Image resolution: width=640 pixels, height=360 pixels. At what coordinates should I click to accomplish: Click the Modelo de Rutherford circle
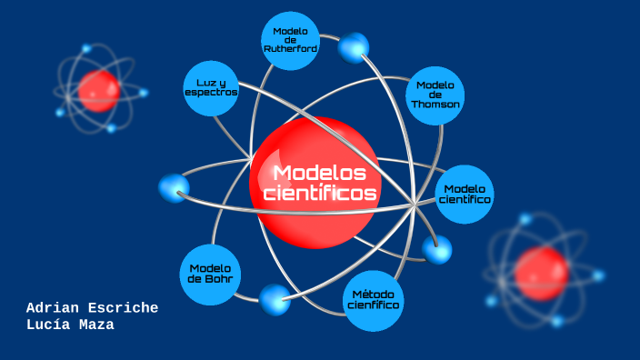pyautogui.click(x=290, y=41)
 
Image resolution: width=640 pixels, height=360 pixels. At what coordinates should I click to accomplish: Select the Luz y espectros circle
pyautogui.click(x=211, y=88)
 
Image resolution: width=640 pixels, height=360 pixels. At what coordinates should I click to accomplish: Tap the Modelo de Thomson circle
pyautogui.click(x=435, y=95)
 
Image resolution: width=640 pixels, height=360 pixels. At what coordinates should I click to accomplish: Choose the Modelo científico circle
pyautogui.click(x=465, y=194)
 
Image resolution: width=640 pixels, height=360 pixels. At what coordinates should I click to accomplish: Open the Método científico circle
pyautogui.click(x=374, y=301)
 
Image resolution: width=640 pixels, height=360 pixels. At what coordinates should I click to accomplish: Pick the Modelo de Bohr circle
pyautogui.click(x=211, y=274)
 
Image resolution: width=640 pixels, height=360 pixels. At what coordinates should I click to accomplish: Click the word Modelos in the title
pyautogui.click(x=319, y=173)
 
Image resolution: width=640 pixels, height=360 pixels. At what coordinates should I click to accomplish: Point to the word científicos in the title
pyautogui.click(x=320, y=194)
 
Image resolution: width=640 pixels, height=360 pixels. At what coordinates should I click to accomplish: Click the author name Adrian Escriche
pyautogui.click(x=92, y=308)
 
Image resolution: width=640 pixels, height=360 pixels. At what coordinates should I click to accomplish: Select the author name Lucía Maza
pyautogui.click(x=70, y=325)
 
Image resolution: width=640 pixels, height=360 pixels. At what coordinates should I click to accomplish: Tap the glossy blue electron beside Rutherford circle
pyautogui.click(x=354, y=47)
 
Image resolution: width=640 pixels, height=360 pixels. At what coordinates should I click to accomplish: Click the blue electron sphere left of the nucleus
pyautogui.click(x=174, y=188)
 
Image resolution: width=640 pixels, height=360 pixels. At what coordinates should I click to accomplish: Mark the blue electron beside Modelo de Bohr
pyautogui.click(x=275, y=299)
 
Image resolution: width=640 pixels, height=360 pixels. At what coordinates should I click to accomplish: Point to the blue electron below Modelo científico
pyautogui.click(x=437, y=249)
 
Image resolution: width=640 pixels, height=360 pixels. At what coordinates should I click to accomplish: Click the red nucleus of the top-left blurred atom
pyautogui.click(x=98, y=91)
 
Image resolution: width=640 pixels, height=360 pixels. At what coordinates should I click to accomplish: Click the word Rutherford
pyautogui.click(x=290, y=49)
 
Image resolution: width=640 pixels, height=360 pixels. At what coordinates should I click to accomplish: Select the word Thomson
pyautogui.click(x=435, y=105)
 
